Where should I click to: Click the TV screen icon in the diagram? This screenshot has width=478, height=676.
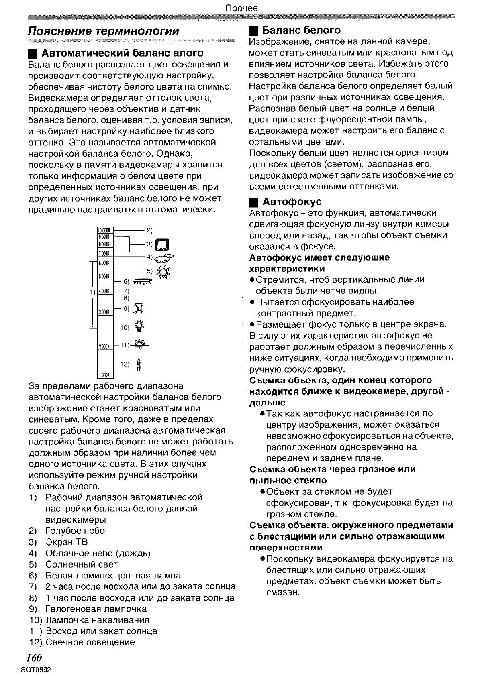(162, 244)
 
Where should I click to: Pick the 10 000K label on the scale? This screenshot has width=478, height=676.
(105, 231)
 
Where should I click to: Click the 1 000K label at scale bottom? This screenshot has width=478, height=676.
(105, 375)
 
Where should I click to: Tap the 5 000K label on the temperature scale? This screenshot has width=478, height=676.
(105, 277)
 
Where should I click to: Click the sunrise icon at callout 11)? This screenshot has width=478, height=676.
(141, 344)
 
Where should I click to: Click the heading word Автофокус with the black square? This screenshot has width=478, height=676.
(292, 202)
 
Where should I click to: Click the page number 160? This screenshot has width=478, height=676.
(34, 658)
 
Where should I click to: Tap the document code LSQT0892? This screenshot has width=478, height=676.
(35, 670)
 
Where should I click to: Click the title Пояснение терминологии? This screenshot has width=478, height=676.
(104, 31)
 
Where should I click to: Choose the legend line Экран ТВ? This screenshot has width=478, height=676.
(66, 542)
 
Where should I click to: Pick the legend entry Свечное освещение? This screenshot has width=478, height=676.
(90, 642)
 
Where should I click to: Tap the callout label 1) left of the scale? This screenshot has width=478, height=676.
(92, 292)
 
